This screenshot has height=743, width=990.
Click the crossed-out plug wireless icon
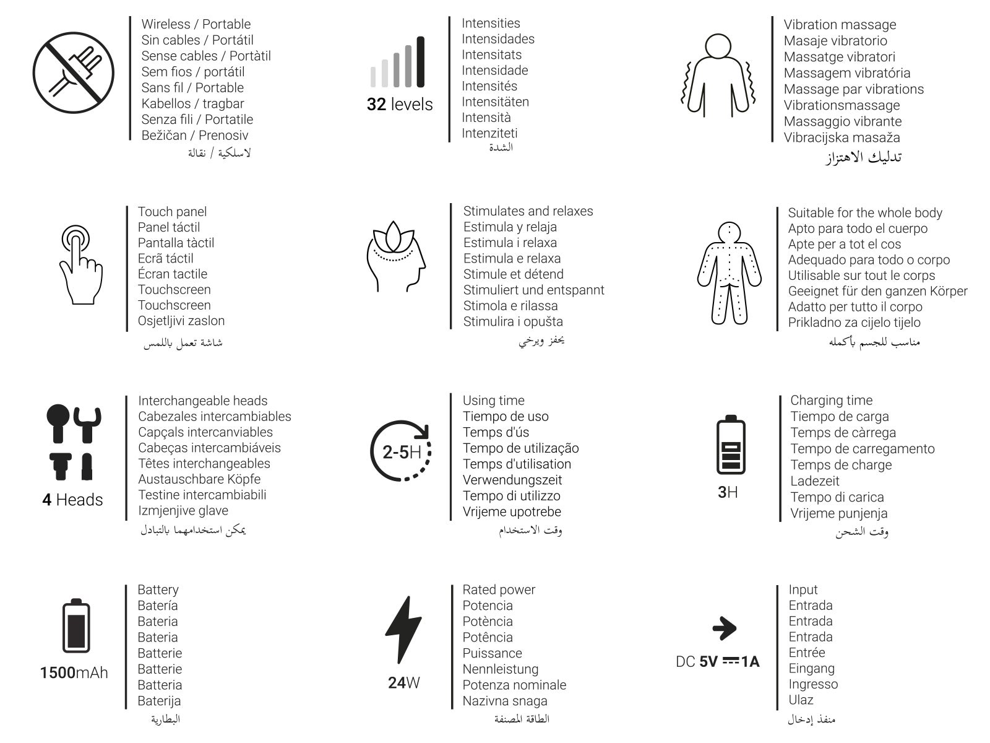[73, 73]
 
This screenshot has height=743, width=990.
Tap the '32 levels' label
[400, 104]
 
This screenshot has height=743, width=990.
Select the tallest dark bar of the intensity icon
[421, 61]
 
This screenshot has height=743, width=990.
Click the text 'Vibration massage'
[840, 25]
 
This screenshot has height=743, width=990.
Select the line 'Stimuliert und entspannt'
[533, 290]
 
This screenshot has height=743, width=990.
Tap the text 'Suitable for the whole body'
[864, 212]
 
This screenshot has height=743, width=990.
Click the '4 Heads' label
[72, 500]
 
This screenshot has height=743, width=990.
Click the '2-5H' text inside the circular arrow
[402, 452]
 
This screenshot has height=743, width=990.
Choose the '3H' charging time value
[728, 492]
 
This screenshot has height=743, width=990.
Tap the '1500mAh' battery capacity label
[74, 672]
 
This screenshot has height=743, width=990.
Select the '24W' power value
[403, 683]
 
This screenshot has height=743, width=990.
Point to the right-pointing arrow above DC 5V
[724, 628]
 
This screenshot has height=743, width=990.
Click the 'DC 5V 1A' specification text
[717, 662]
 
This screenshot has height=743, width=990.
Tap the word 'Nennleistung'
[500, 669]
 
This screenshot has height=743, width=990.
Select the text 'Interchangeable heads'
[202, 401]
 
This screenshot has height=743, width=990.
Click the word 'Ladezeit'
[814, 480]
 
